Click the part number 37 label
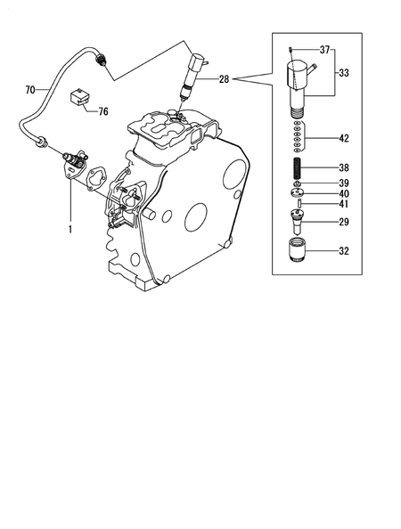(323, 49)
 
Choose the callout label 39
(343, 183)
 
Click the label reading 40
(343, 193)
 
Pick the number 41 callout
(343, 205)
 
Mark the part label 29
(343, 221)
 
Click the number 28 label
(223, 79)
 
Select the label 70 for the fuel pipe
(29, 89)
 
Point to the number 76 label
(102, 111)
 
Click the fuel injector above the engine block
(192, 76)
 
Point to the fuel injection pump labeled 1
(70, 165)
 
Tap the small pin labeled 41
(301, 204)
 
